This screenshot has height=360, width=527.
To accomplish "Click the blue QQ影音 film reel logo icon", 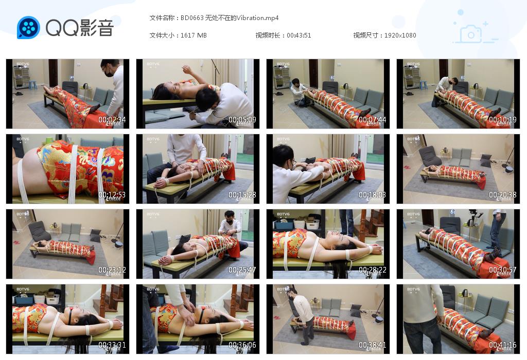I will [x=28, y=28].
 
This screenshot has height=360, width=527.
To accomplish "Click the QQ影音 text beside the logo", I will [x=79, y=28].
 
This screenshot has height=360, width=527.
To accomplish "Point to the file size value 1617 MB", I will [x=194, y=35].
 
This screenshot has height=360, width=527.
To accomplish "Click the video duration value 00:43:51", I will [x=299, y=35].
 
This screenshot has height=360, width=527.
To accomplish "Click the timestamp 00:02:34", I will [x=112, y=120].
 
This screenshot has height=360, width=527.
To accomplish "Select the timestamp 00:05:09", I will [x=242, y=120].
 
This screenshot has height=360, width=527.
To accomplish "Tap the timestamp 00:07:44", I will [x=373, y=120].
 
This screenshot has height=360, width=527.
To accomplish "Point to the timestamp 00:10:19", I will [x=503, y=120].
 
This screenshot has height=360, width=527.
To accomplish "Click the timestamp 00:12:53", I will [x=112, y=195].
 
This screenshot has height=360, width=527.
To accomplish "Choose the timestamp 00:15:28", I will [x=242, y=195].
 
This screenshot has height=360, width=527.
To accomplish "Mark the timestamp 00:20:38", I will [x=503, y=195].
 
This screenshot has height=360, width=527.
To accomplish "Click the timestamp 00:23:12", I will [x=112, y=270].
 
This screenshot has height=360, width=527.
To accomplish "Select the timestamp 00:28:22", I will [x=373, y=270].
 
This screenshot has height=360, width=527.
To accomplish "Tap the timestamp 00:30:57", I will [x=503, y=270].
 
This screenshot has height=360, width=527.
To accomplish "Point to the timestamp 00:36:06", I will [x=242, y=345].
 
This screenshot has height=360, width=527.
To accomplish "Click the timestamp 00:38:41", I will [x=373, y=345].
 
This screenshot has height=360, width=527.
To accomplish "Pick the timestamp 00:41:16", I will [x=503, y=345].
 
